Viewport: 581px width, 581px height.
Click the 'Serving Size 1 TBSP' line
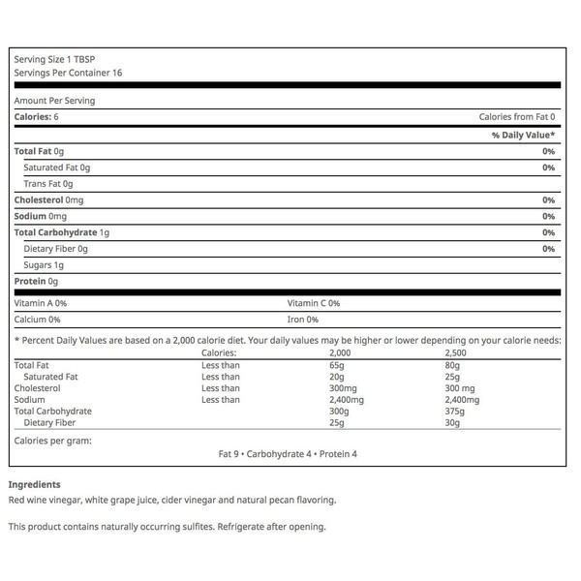pyautogui.click(x=49, y=60)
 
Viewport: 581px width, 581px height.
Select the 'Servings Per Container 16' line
pyautogui.click(x=68, y=73)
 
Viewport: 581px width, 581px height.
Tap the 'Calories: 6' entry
pyautogui.click(x=37, y=117)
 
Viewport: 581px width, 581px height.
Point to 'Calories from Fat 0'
pyautogui.click(x=517, y=117)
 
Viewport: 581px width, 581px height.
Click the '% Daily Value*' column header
pyautogui.click(x=523, y=135)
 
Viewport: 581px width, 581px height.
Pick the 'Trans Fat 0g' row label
pyautogui.click(x=48, y=184)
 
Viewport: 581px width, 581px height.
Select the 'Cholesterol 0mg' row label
pyautogui.click(x=48, y=199)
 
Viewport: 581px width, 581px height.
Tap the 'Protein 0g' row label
pyautogui.click(x=37, y=281)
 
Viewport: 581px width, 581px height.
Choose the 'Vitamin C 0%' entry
pyautogui.click(x=313, y=303)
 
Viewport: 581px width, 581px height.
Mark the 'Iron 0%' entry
pyautogui.click(x=302, y=320)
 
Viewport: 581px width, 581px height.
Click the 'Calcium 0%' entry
pyautogui.click(x=38, y=320)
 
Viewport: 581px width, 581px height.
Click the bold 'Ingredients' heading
pyautogui.click(x=35, y=484)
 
